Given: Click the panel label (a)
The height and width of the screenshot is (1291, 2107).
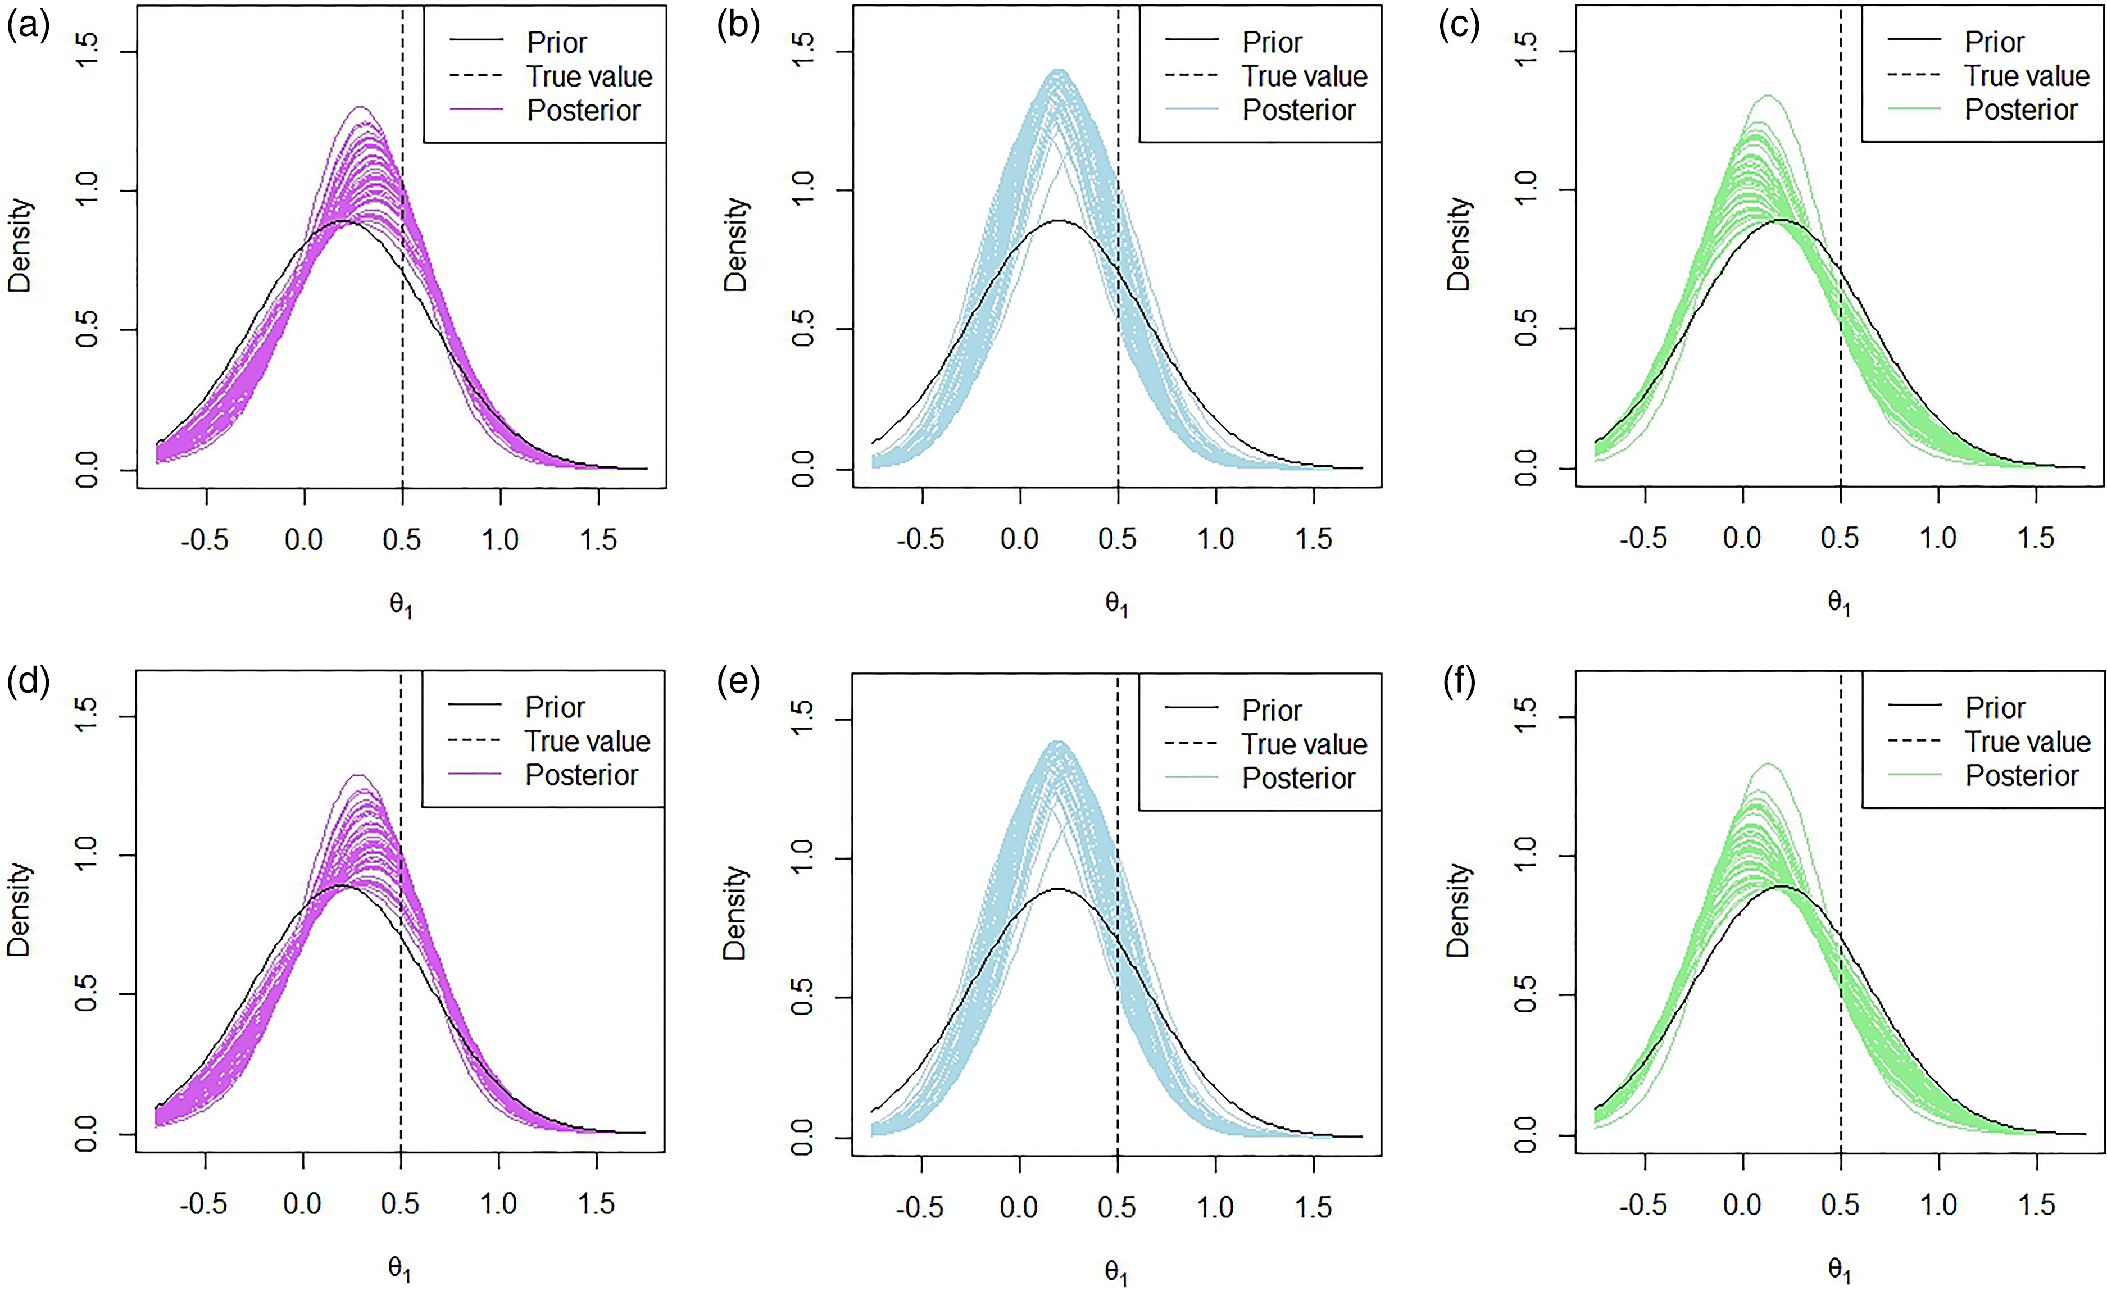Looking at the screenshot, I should point(28,28).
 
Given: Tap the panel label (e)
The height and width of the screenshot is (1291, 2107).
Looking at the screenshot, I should point(739,684).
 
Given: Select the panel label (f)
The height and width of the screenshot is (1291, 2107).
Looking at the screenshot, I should point(1459,684).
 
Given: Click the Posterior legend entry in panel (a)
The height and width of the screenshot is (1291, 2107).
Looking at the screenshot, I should point(583,110).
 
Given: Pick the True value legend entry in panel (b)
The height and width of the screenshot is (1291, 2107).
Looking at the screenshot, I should point(1305,76).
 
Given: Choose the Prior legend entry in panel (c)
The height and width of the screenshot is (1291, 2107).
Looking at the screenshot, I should point(1994,42).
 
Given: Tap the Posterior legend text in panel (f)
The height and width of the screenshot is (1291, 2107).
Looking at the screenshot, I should point(2022,775).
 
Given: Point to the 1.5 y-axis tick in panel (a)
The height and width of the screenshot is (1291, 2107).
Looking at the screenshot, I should point(87,52).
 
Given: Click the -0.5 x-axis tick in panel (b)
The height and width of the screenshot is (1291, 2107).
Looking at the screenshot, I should point(921,539).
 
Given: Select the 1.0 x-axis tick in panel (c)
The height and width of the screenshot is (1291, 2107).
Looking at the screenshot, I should point(1938,539).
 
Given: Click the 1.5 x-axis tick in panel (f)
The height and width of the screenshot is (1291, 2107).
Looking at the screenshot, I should point(2036,1204).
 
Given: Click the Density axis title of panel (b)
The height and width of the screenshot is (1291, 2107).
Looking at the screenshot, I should point(735,246).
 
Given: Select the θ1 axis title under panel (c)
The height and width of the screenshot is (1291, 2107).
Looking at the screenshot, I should point(1840,603).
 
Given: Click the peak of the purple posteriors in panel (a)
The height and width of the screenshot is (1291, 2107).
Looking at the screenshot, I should point(361,108).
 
